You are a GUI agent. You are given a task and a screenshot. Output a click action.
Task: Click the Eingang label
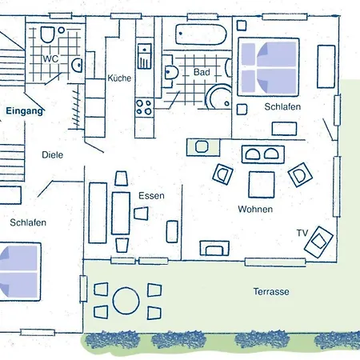25,111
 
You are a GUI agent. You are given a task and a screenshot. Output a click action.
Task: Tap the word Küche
119,78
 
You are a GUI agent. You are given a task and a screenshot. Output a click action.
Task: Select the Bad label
202,72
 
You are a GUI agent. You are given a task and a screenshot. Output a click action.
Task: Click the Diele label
53,155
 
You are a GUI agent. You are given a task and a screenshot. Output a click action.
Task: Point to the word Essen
151,196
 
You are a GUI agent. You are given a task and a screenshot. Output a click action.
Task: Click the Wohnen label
255,209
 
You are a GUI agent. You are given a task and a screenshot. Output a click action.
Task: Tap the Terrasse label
271,291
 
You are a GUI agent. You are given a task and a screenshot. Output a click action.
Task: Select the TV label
302,233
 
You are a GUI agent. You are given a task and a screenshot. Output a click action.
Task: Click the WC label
50,58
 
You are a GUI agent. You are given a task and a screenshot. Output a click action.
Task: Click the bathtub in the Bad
201,34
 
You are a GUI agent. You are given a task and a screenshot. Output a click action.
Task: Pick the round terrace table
126,301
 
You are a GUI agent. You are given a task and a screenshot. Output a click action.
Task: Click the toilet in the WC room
47,34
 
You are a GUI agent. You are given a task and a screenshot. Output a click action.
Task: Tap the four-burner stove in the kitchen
144,107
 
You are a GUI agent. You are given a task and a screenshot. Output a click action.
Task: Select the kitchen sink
145,56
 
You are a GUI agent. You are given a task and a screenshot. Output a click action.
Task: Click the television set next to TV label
318,242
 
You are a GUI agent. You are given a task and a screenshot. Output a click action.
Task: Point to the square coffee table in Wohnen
262,185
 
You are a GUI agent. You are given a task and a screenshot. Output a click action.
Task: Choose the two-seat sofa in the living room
263,154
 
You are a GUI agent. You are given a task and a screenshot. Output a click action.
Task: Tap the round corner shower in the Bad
218,97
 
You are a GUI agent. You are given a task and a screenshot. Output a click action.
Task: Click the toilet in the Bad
170,71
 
